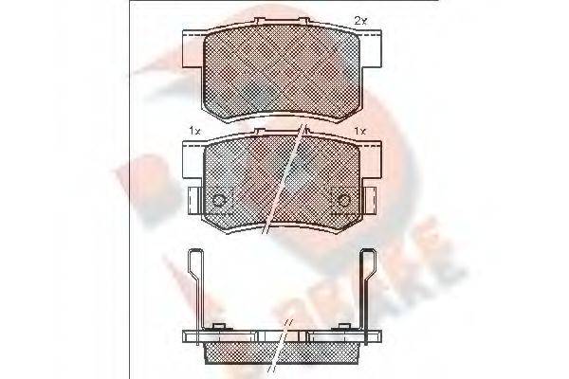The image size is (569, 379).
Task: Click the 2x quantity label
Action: click(359, 19)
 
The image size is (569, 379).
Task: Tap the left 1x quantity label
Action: click(195, 132)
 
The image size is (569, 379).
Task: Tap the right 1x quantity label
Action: click(359, 132)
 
